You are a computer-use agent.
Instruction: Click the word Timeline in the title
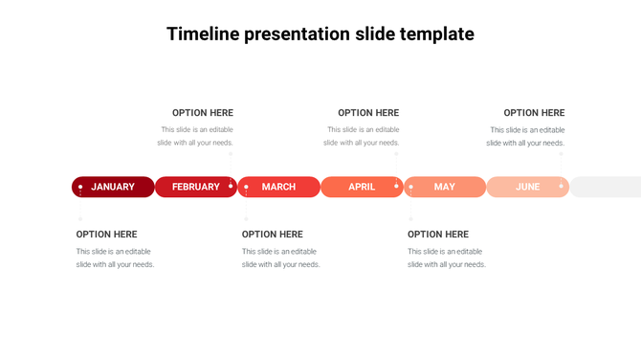(204, 34)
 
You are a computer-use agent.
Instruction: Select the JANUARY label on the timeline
(113, 187)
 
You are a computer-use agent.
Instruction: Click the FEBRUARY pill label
(196, 187)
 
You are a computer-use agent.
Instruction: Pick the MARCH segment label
(278, 187)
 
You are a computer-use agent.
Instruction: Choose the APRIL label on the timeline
(362, 187)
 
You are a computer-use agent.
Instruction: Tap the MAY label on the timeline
(445, 187)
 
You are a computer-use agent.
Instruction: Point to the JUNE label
(527, 187)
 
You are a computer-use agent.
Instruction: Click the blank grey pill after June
(607, 187)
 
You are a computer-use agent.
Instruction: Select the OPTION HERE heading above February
(203, 113)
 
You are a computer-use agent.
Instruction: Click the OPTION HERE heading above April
(368, 113)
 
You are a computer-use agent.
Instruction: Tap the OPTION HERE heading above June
(534, 113)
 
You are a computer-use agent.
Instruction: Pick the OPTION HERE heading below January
(107, 235)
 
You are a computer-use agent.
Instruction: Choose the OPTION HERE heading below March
(273, 235)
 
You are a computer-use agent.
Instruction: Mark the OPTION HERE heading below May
(438, 235)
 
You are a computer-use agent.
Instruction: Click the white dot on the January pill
(80, 187)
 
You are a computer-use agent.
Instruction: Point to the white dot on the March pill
(246, 187)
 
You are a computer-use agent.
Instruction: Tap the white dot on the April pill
(396, 185)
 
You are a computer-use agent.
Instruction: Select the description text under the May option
(447, 258)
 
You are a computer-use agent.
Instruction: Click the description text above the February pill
(196, 136)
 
